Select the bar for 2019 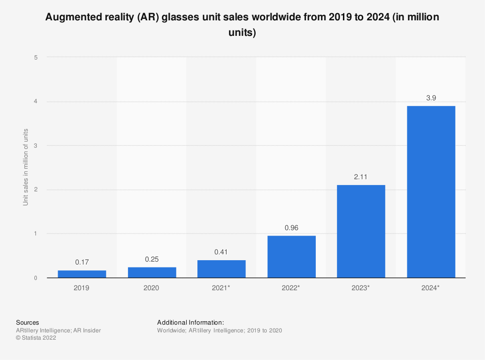[x=82, y=274]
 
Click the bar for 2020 [x=152, y=273]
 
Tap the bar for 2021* [x=222, y=269]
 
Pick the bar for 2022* [x=291, y=257]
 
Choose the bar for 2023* [x=361, y=231]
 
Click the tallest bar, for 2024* [x=431, y=192]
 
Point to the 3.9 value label [x=431, y=98]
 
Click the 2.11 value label [x=361, y=177]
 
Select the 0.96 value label [x=291, y=228]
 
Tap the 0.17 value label [x=82, y=262]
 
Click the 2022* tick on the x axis [x=291, y=288]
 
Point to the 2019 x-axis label [x=82, y=288]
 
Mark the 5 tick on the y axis [x=35, y=57]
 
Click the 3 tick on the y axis [x=35, y=145]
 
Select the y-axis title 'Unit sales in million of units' [x=26, y=167]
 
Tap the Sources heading [x=28, y=322]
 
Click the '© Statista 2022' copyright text [x=36, y=338]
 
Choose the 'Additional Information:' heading [x=191, y=322]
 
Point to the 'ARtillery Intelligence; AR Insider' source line [x=58, y=330]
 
